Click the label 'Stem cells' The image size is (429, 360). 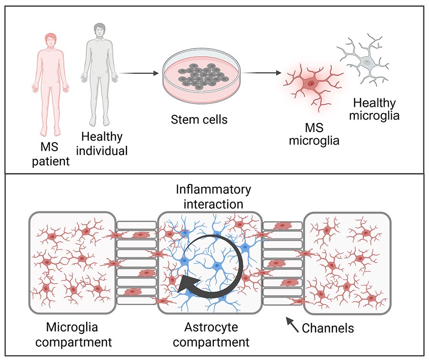(x=199, y=119)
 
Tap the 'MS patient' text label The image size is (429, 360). (x=51, y=154)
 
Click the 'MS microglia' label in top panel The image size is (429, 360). (x=311, y=135)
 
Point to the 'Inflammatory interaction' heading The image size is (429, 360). (x=213, y=196)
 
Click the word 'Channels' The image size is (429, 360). (x=328, y=328)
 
